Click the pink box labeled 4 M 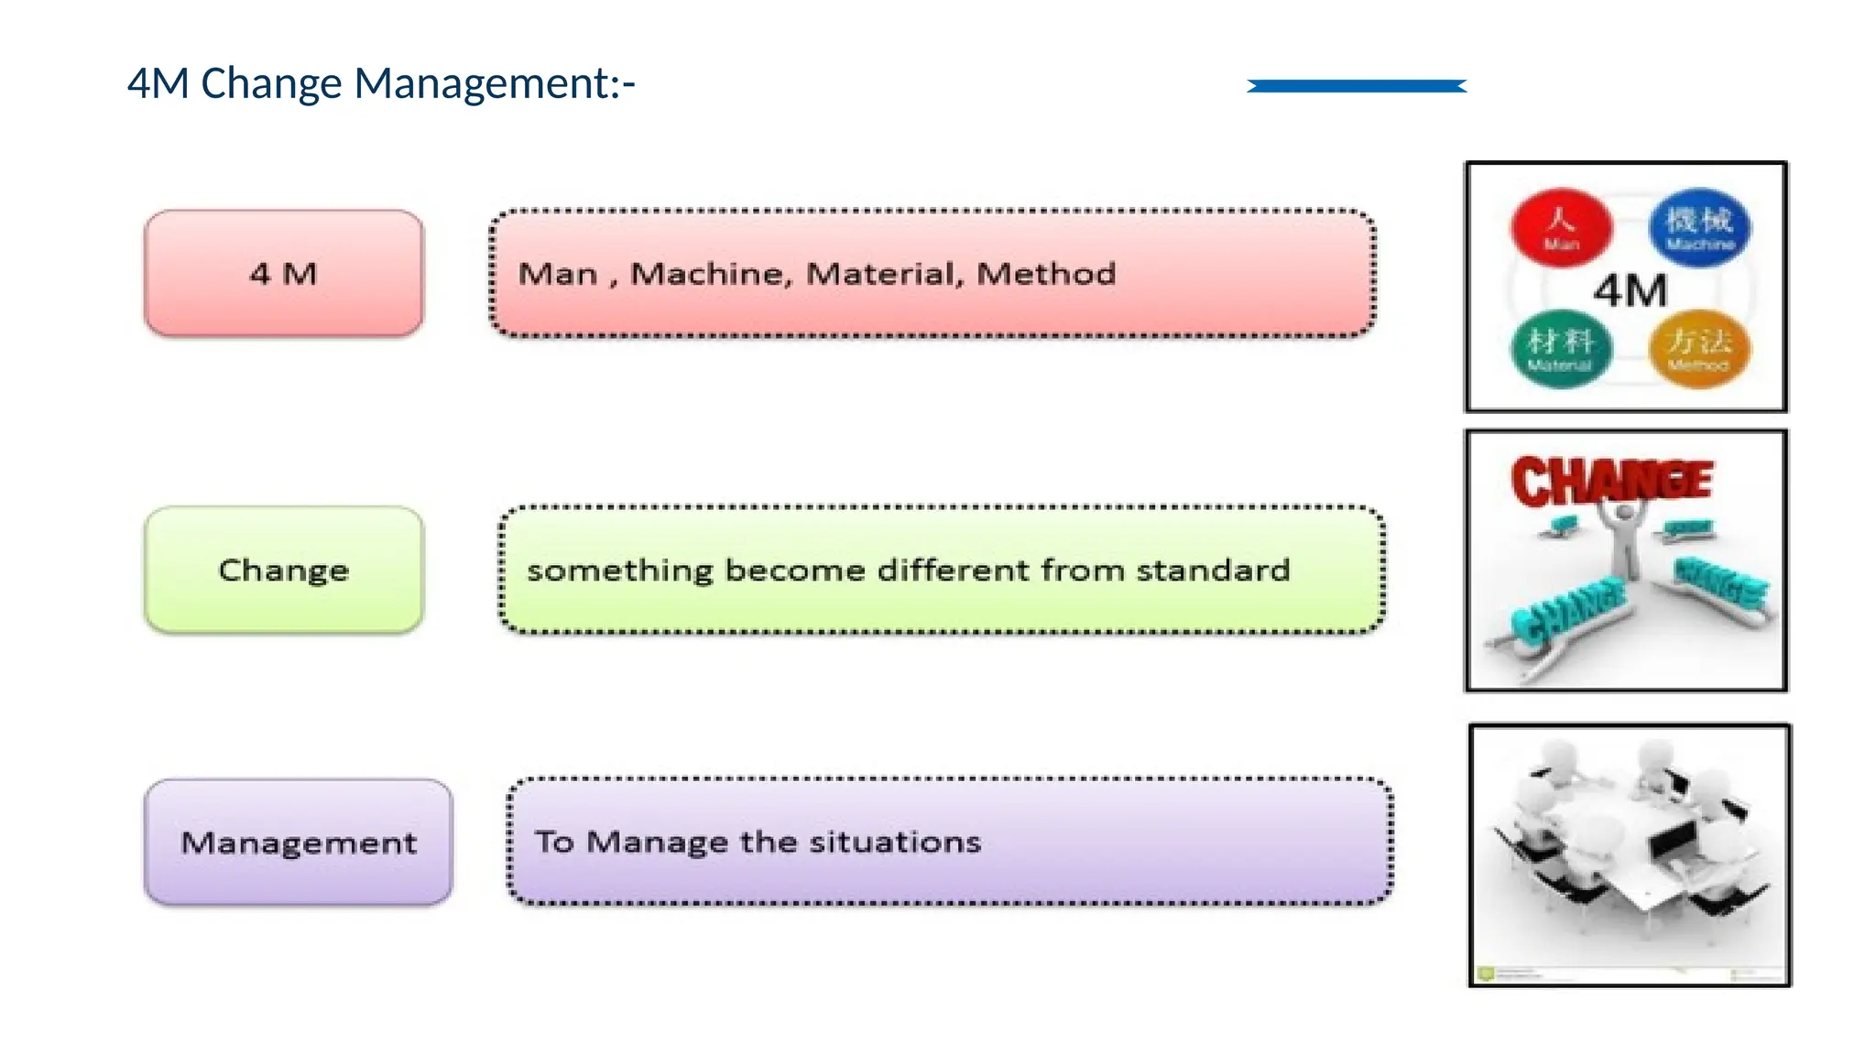click(284, 273)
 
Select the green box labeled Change click(284, 570)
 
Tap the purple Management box click(299, 842)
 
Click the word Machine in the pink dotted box click(711, 274)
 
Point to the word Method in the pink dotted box click(1046, 274)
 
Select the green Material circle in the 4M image click(1561, 349)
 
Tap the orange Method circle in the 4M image click(1699, 349)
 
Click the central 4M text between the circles click(1631, 291)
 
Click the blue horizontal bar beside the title click(1357, 86)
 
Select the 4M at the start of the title click(158, 83)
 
